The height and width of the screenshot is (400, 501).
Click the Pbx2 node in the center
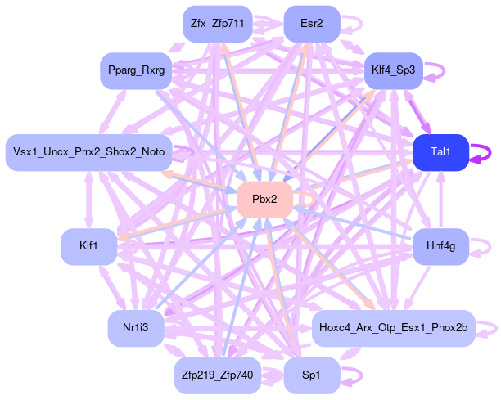click(264, 200)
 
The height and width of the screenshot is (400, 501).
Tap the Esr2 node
click(311, 25)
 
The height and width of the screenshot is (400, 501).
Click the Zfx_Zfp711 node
click(217, 25)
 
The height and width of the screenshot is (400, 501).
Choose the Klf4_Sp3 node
click(393, 71)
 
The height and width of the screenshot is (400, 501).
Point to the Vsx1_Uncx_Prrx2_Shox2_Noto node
click(88, 152)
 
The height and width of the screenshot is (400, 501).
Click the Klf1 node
click(88, 246)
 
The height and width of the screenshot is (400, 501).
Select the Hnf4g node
click(440, 246)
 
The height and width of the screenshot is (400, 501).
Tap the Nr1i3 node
click(136, 328)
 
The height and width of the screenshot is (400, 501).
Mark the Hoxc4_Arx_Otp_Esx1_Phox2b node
click(393, 328)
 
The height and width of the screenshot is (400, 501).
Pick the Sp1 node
click(311, 376)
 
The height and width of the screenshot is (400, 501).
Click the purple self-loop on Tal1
click(490, 152)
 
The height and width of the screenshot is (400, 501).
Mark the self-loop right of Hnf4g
click(489, 246)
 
